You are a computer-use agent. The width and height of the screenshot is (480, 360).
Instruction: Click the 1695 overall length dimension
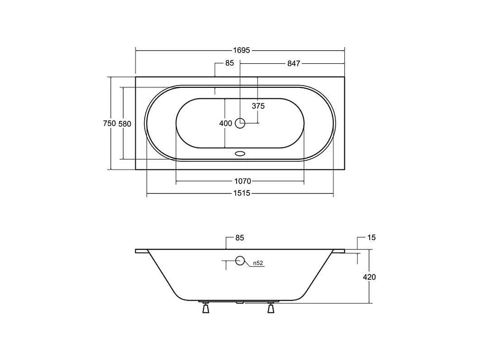coord(242,50)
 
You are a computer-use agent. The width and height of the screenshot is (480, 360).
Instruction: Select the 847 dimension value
coord(294,63)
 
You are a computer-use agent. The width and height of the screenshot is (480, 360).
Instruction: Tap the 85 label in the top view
coord(229,63)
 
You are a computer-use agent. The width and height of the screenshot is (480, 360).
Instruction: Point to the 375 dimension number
coord(258,106)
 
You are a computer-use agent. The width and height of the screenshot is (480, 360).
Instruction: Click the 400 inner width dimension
coord(226,124)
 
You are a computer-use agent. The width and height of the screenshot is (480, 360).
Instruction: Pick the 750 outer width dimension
coord(109,123)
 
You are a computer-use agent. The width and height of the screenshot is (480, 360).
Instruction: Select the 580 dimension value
coord(124,124)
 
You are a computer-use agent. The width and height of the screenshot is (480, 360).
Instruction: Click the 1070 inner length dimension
coord(242,181)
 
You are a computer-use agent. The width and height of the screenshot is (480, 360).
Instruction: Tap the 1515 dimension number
coord(242,193)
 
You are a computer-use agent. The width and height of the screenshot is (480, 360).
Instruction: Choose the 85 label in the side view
coord(240,238)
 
